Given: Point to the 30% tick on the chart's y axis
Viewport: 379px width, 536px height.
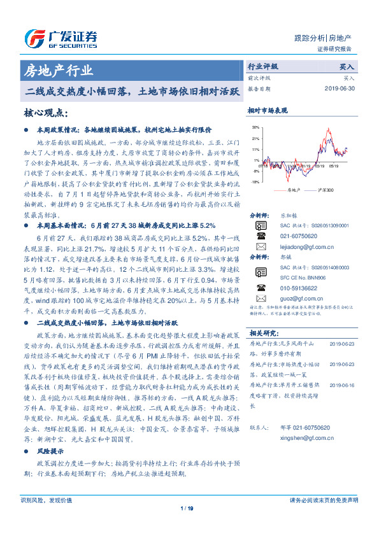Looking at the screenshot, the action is pos(255,127).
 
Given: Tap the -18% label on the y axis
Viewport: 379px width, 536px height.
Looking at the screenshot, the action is pos(255,181).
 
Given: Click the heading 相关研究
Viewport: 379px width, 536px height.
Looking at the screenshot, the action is pos(262,333).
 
